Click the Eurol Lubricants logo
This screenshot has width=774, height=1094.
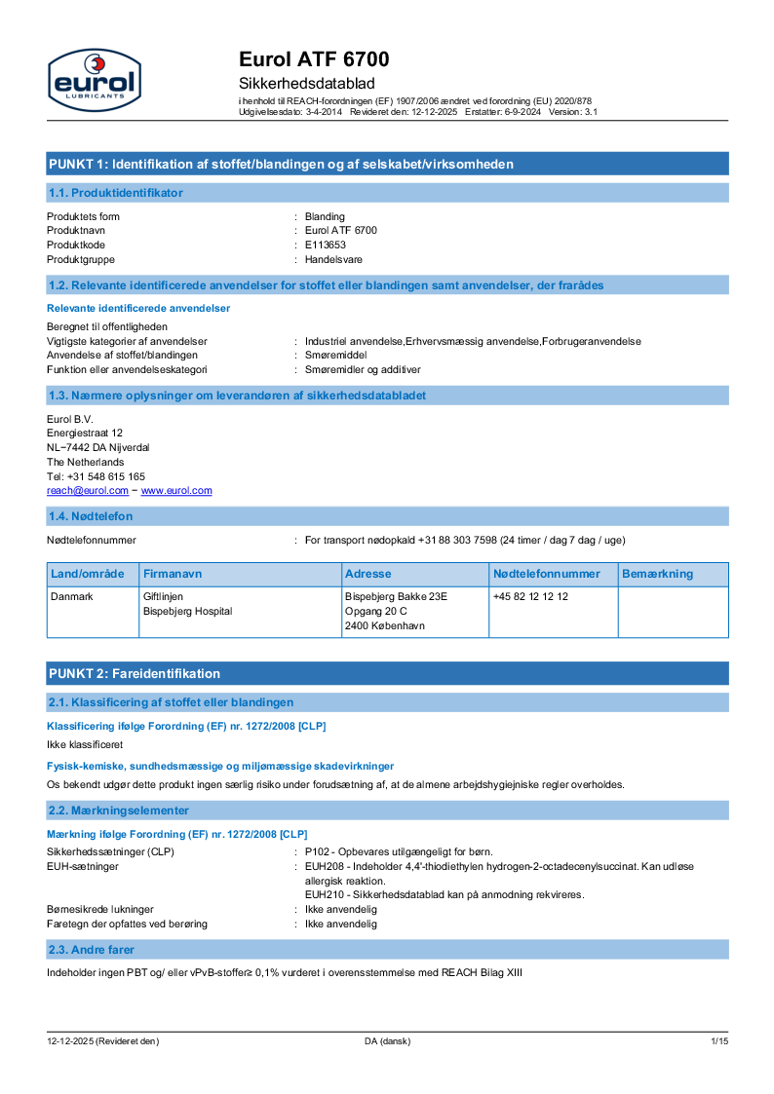click(94, 79)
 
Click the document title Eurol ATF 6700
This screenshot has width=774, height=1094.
click(314, 60)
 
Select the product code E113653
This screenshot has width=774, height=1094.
click(326, 245)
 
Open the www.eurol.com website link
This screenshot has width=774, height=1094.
click(176, 491)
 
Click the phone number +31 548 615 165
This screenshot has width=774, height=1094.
click(106, 476)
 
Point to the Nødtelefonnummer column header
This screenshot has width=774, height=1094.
click(546, 574)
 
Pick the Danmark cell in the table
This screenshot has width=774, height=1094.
click(71, 596)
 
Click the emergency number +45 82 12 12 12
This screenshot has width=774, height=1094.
click(530, 596)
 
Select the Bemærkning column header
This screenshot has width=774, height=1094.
click(657, 574)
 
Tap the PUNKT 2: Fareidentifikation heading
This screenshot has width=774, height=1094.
click(135, 673)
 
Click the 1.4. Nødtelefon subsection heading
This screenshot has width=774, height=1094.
click(91, 515)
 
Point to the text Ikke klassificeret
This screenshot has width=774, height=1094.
click(84, 743)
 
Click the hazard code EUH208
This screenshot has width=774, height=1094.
click(322, 866)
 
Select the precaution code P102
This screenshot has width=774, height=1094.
click(317, 851)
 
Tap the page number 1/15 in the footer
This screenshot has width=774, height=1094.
click(719, 1041)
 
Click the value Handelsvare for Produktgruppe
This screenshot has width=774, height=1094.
click(331, 259)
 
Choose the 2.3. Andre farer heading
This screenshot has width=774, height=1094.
click(92, 949)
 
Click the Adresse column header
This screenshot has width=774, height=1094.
click(368, 574)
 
